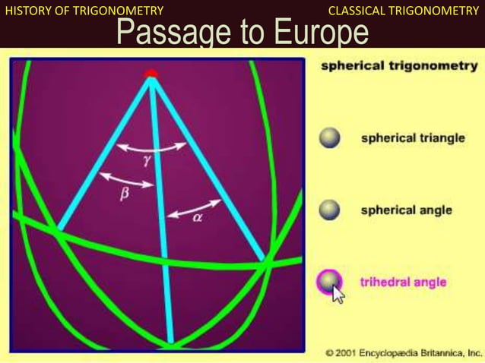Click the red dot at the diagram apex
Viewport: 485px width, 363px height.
point(151,73)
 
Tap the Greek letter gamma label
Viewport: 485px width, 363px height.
point(147,160)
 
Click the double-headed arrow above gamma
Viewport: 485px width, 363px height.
point(155,146)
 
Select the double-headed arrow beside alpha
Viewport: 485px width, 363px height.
point(194,208)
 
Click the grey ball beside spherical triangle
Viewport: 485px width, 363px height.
point(329,139)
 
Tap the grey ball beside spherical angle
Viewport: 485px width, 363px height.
point(329,210)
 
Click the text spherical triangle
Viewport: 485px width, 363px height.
point(412,139)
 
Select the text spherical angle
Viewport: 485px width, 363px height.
point(406,210)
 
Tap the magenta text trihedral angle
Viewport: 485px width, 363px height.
point(402,283)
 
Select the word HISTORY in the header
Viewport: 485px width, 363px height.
point(27,10)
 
